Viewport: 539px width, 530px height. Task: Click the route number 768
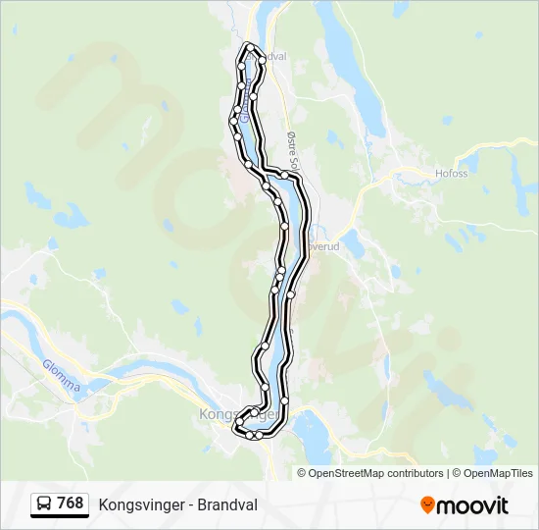71,503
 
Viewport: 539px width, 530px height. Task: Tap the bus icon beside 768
44,503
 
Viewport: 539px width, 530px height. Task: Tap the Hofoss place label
451,174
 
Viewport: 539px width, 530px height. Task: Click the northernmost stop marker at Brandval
251,47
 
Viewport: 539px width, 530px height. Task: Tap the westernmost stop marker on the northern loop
233,120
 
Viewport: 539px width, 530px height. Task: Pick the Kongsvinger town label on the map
218,414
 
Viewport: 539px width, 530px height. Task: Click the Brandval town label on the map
271,57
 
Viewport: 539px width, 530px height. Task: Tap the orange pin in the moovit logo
428,505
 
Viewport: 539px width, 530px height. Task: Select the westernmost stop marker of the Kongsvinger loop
235,427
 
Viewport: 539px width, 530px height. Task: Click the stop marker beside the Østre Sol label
283,175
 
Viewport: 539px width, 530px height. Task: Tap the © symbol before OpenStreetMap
303,473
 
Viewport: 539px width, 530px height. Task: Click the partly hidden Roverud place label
323,247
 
